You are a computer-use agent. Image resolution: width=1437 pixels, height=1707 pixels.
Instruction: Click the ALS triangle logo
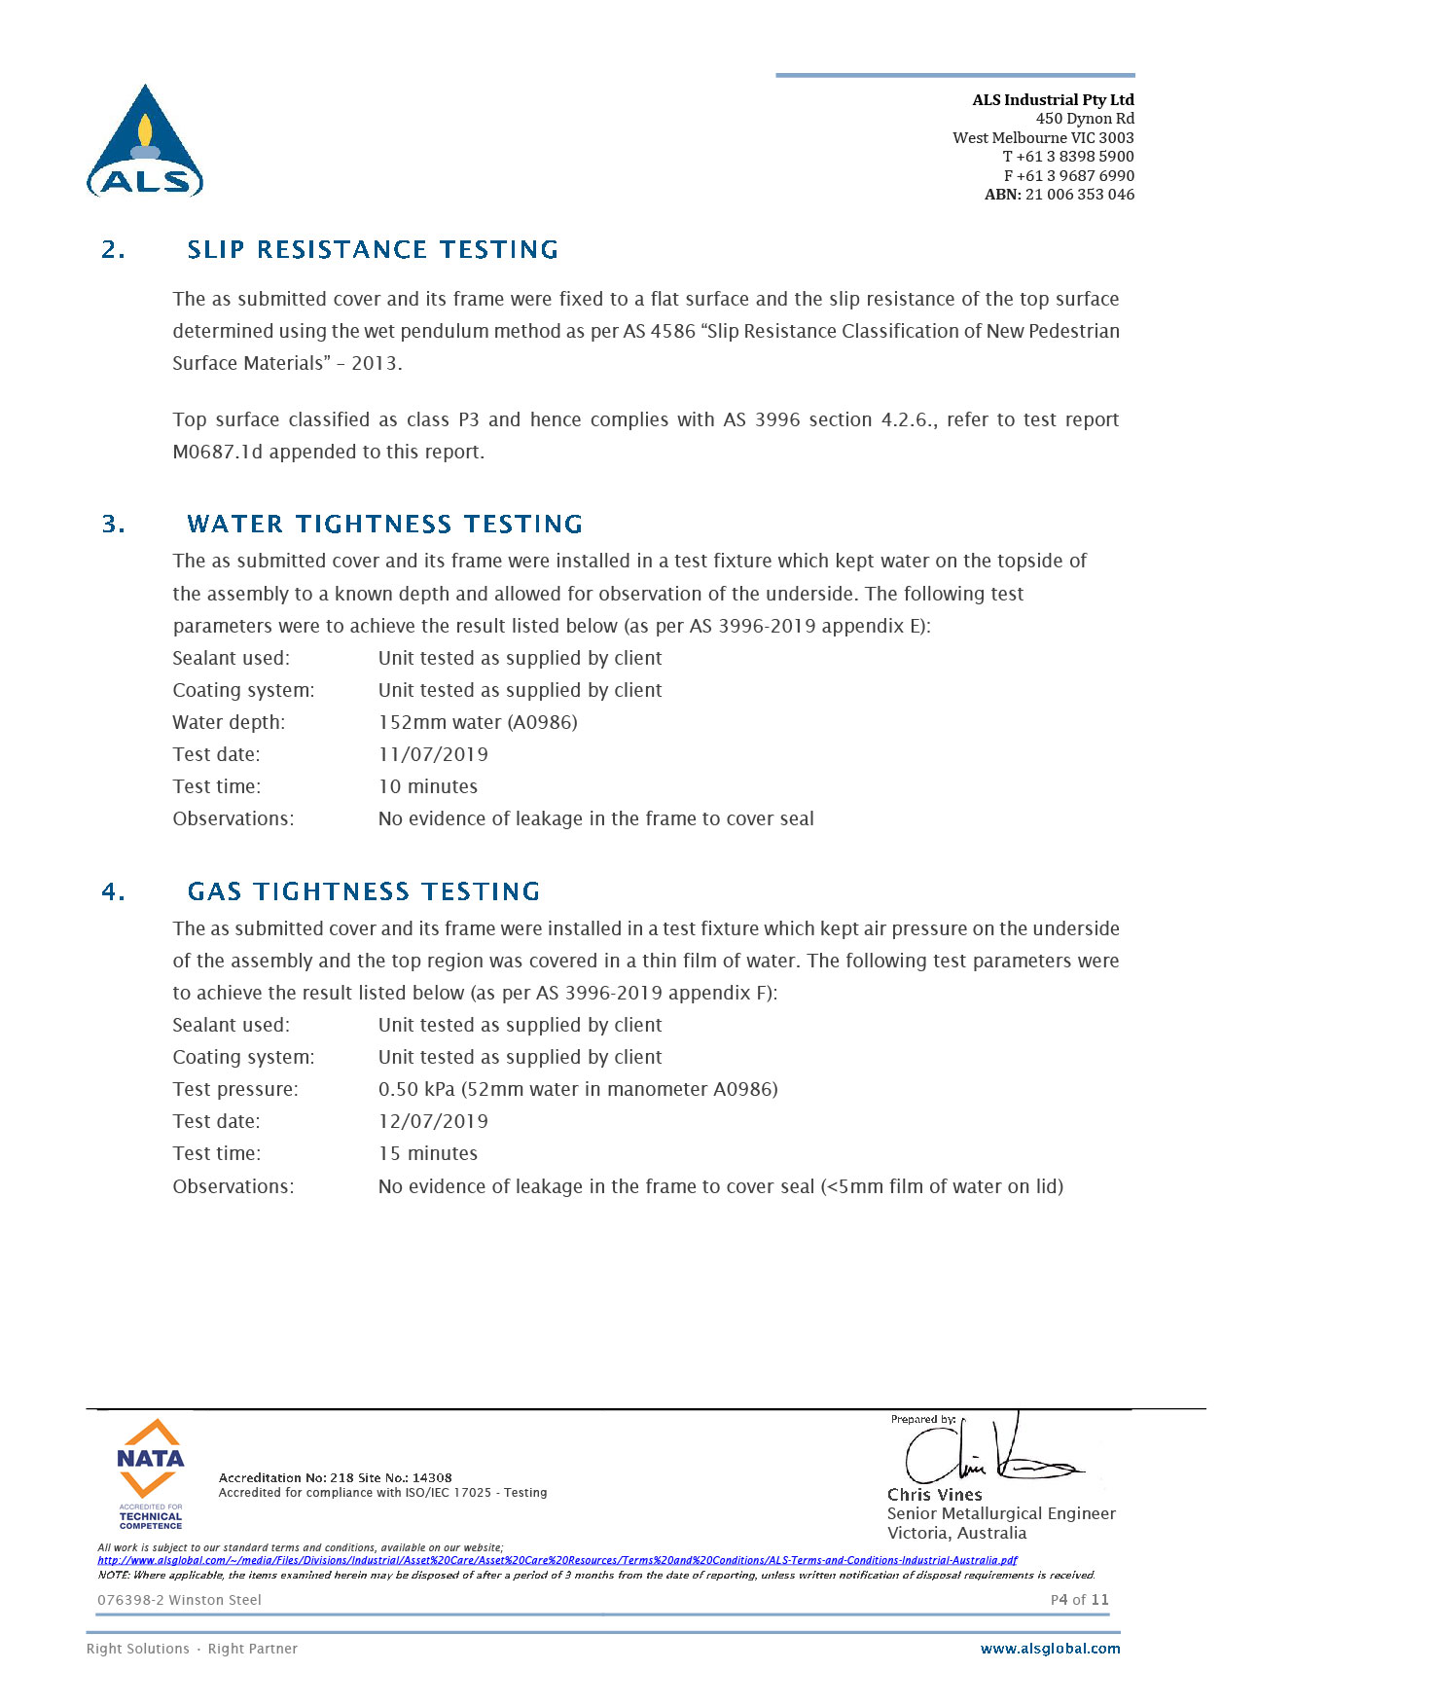(145, 142)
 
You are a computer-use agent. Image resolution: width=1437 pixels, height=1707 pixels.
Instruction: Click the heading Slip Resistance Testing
(373, 250)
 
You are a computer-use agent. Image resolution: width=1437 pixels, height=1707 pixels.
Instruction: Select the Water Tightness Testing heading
(384, 525)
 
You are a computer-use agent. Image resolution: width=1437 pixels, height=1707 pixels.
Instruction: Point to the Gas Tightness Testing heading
(363, 891)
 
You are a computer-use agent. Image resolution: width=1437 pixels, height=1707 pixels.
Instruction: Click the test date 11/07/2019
(433, 754)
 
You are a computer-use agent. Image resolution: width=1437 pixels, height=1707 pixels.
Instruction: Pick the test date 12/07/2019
(433, 1121)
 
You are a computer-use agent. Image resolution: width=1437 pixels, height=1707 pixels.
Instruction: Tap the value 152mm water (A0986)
(478, 722)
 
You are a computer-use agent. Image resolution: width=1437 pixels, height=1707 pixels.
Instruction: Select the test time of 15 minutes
(428, 1153)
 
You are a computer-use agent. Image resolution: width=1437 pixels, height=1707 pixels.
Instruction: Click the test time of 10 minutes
(428, 786)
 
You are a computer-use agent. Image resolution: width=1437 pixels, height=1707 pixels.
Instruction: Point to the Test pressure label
(235, 1089)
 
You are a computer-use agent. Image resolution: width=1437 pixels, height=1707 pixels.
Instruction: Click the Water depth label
(229, 722)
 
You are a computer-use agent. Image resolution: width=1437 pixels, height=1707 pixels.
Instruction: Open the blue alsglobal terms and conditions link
(557, 1560)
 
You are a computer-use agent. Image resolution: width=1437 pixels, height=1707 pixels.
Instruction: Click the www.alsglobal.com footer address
(1050, 1649)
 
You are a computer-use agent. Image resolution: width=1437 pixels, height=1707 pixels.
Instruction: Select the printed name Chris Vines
(934, 1495)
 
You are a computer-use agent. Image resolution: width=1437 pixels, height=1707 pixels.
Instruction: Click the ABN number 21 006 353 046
(1079, 195)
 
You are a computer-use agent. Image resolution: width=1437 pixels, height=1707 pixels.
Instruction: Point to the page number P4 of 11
(1079, 1600)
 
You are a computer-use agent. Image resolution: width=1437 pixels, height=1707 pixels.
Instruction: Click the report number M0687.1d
(218, 452)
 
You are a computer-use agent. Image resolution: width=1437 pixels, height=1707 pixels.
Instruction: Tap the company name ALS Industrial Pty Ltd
(1053, 99)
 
